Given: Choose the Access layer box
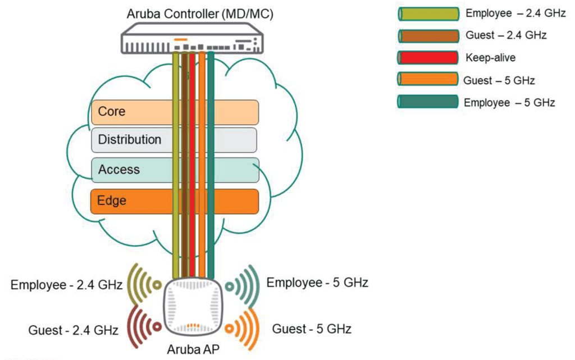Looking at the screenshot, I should tap(129, 170).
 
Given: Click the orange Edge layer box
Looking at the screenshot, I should tap(129, 201).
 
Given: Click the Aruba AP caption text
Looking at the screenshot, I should tap(193, 349).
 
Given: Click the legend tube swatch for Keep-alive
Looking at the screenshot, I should tap(426, 57).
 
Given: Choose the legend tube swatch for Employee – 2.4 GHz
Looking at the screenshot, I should tap(426, 12).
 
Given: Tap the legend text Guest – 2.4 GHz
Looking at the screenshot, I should tap(506, 35).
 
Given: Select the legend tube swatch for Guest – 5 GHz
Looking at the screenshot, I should tap(426, 80).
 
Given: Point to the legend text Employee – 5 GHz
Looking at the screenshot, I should tap(509, 103).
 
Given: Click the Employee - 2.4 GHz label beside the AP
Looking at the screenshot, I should tap(67, 285).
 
